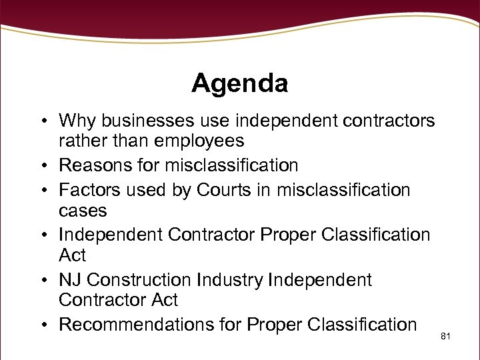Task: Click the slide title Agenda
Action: tap(239, 84)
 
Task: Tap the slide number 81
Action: tap(446, 336)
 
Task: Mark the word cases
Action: tap(83, 211)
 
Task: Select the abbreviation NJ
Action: tap(70, 280)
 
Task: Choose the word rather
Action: tap(81, 141)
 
